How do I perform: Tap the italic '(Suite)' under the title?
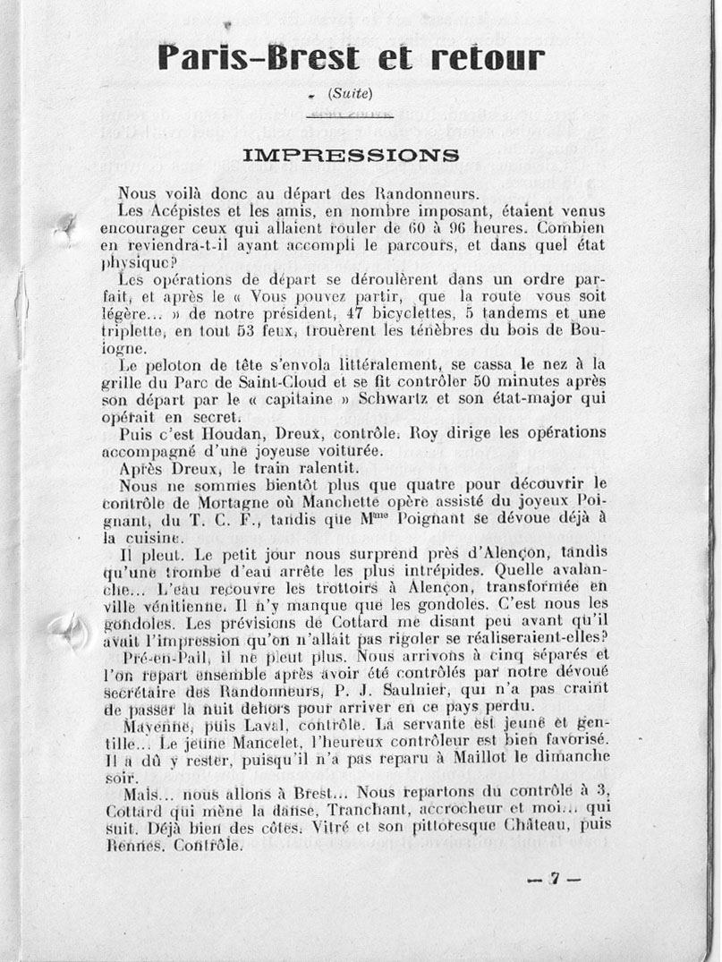tap(350, 92)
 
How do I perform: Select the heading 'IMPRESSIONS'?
tap(351, 155)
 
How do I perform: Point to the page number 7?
tap(554, 879)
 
